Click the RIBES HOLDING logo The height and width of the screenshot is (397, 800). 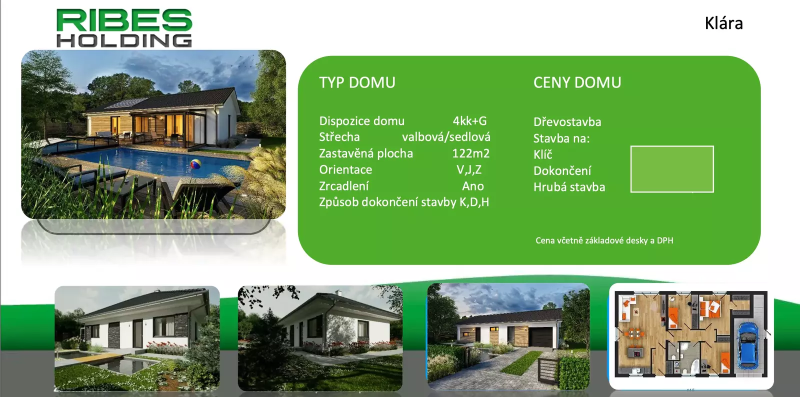(124, 28)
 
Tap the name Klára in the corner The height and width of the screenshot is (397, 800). (723, 23)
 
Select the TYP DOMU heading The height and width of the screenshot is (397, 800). (357, 82)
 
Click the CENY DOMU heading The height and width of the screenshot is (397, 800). (577, 82)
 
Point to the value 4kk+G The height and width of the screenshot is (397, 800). (469, 121)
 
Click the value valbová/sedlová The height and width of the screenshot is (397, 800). (446, 137)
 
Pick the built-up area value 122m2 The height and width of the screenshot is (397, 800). (470, 153)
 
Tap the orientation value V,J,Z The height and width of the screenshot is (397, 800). (469, 170)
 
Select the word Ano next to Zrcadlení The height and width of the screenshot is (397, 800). (473, 186)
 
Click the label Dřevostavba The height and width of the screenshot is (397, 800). (567, 122)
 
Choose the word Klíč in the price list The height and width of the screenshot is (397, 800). (543, 154)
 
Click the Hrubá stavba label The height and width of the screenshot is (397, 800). (569, 187)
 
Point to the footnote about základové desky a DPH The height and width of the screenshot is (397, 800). (604, 240)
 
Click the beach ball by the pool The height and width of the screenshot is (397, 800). (195, 164)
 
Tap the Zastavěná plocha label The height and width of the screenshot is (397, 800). (365, 153)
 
